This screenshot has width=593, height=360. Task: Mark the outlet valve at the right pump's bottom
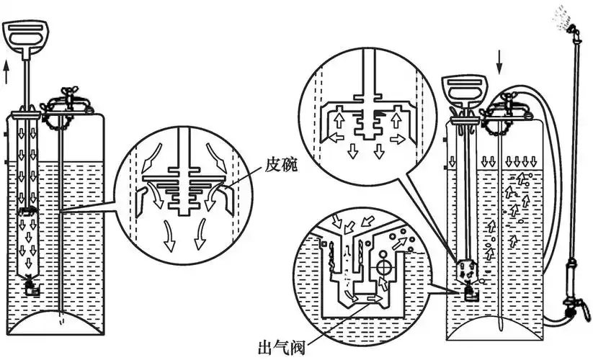(x=469, y=292)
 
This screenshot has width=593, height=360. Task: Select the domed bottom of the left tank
(x=53, y=325)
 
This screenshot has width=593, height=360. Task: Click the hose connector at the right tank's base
(x=547, y=317)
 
